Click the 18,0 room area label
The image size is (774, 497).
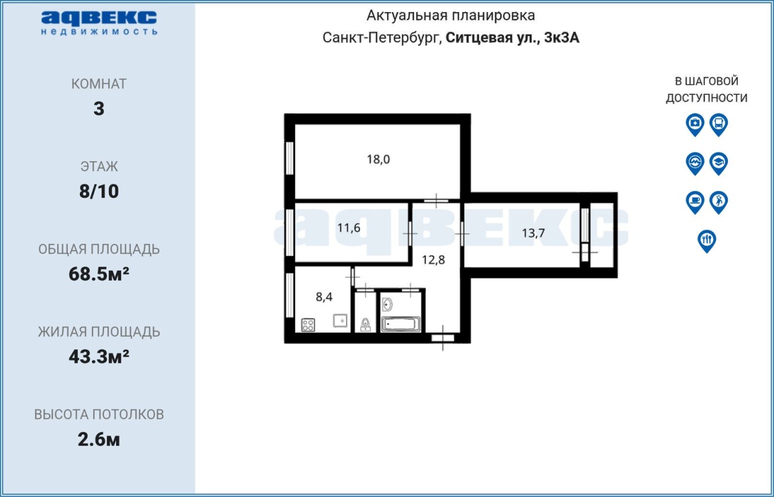[379, 160]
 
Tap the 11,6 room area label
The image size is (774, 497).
[349, 228]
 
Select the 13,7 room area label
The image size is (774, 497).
[533, 233]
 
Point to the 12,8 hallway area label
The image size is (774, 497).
[434, 260]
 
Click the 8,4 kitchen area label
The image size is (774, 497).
[324, 297]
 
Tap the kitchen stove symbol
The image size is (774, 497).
[308, 325]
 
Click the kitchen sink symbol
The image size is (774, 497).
[340, 320]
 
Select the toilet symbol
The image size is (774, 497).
[365, 325]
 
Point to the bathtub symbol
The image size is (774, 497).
[400, 324]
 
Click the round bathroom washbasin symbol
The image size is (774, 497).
[388, 305]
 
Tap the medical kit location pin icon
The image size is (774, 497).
[695, 125]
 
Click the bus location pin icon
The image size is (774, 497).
[719, 125]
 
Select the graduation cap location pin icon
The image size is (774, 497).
[719, 163]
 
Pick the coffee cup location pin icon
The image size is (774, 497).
[695, 203]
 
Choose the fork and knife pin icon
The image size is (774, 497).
[707, 241]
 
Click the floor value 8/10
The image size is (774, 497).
[99, 191]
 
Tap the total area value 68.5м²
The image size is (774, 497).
[99, 274]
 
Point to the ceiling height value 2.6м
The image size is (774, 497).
[99, 440]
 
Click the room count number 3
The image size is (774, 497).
[99, 108]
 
